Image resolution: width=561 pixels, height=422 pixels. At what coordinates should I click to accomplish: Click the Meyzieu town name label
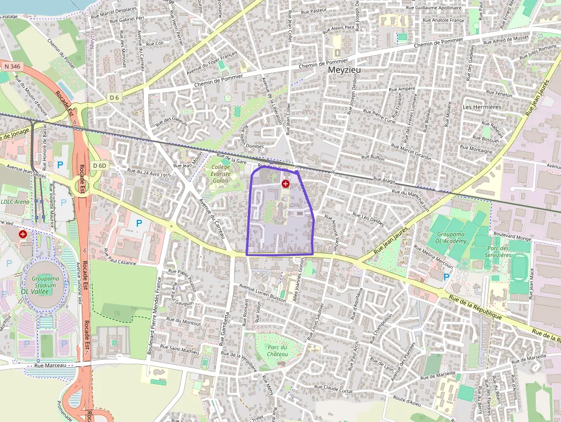pos(344,70)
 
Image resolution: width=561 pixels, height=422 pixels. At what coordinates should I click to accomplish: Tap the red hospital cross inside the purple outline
pos(285,183)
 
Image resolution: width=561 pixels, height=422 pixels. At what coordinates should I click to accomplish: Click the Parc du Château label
pos(277,350)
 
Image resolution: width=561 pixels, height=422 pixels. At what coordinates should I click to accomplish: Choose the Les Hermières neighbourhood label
pos(481,107)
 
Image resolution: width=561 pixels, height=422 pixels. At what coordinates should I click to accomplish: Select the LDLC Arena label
pos(14,202)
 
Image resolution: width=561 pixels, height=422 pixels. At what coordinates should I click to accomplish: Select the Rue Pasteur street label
pos(314,10)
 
